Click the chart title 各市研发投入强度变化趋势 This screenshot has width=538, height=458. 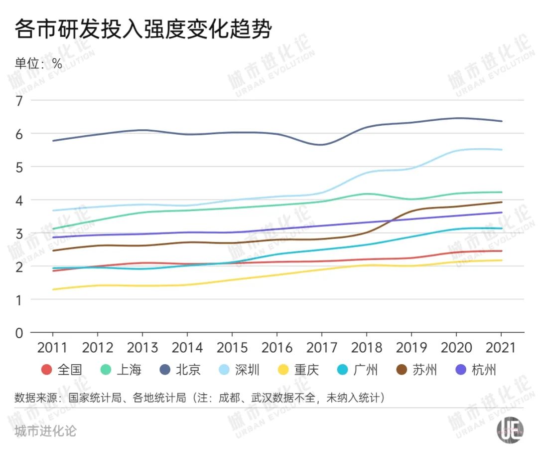tap(143, 30)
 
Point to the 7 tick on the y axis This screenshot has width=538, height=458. tap(19, 100)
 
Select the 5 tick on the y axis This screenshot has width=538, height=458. tap(19, 167)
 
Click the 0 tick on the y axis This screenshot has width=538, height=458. tap(19, 333)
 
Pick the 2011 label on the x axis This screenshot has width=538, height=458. tap(52, 348)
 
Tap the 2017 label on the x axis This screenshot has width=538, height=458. tap(321, 348)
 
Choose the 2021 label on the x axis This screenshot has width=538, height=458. tap(501, 348)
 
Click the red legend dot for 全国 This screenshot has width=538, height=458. tap(47, 370)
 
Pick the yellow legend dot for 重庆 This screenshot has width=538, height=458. tap(283, 370)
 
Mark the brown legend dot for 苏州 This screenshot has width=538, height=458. tap(401, 370)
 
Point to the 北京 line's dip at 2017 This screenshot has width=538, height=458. tap(321, 145)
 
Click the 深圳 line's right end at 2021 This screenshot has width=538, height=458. tap(501, 150)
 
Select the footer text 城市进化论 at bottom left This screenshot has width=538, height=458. tap(45, 430)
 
